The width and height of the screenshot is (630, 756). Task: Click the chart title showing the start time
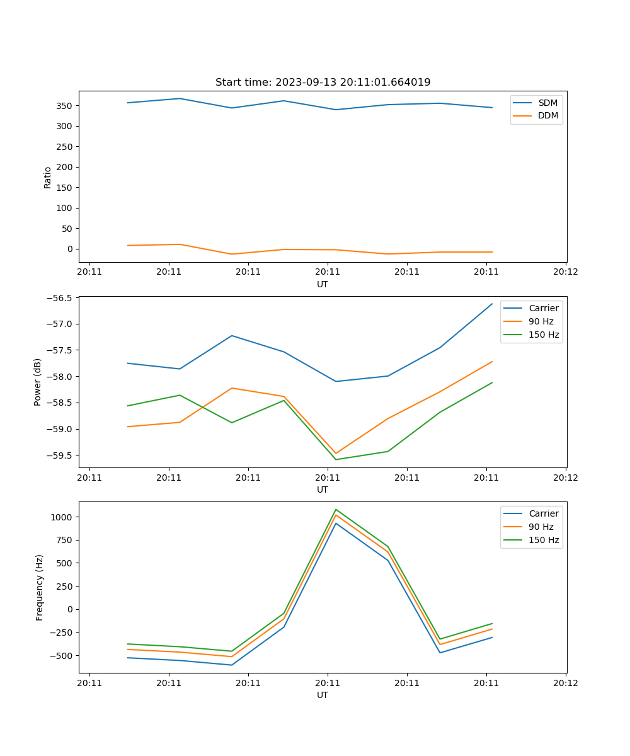coord(323,83)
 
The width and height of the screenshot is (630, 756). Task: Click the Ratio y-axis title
coord(48,177)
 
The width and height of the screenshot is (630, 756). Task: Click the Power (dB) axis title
coord(38,382)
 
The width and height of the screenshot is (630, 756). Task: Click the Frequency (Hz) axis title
coord(40,587)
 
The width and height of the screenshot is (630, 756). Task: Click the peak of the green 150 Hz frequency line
coord(336,509)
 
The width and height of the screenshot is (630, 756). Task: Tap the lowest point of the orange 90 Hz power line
coord(336,453)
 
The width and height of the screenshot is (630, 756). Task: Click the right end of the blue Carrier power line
coord(492,304)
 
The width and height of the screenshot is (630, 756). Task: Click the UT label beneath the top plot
coord(323,284)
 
